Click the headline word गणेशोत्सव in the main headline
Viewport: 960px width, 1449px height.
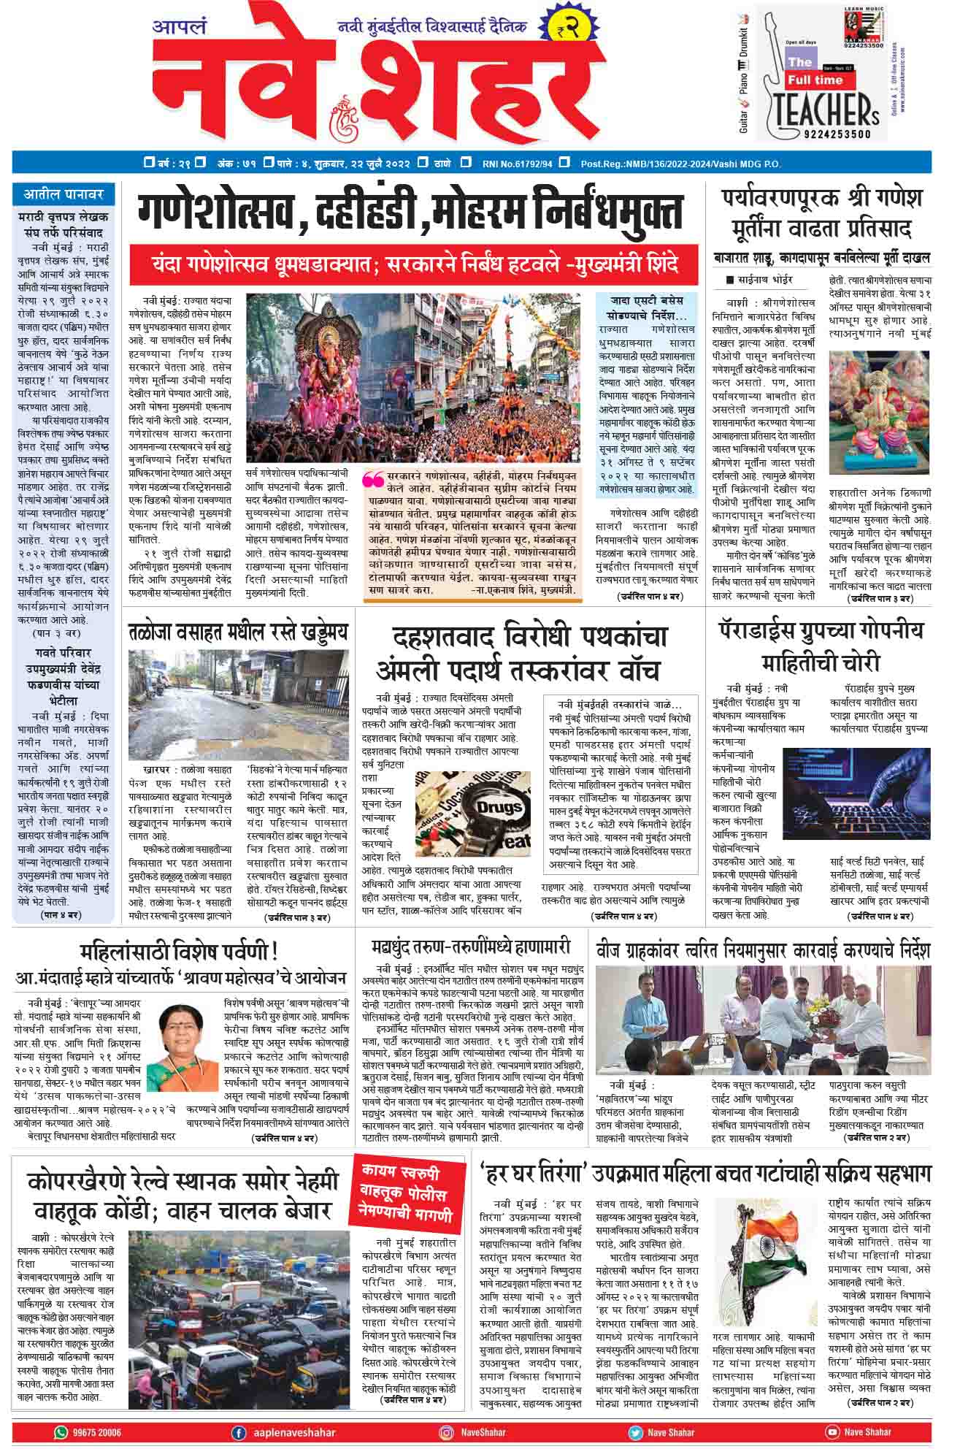pyautogui.click(x=212, y=214)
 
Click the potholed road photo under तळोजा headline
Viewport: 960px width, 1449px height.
pyautogui.click(x=239, y=705)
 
